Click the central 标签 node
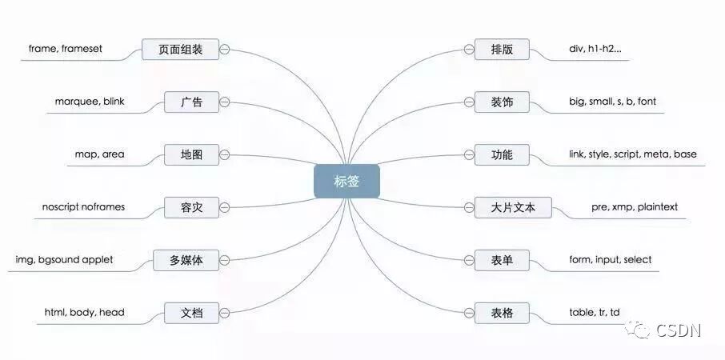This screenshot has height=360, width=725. [346, 181]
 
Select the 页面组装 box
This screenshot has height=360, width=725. [181, 50]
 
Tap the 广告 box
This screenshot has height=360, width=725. [191, 102]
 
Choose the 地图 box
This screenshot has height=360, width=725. [191, 154]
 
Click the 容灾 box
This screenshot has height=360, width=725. [191, 207]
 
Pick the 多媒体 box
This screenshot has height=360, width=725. [186, 260]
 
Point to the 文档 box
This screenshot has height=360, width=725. [191, 312]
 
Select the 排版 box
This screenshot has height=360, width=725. [502, 50]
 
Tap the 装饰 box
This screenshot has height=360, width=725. [502, 102]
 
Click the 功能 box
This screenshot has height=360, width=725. [502, 154]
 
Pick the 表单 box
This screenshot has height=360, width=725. [502, 260]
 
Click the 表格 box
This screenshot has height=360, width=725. [502, 312]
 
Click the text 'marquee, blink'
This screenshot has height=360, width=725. [90, 102]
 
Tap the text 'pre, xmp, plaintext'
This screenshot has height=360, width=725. [635, 206]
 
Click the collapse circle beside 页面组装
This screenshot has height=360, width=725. [225, 50]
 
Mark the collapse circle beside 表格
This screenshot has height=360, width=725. [468, 312]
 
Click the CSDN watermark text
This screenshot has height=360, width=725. [679, 330]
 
